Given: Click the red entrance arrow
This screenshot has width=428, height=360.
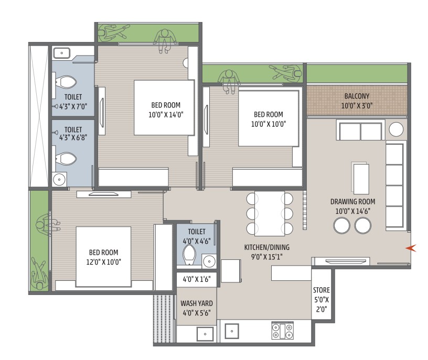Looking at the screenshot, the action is (411, 248).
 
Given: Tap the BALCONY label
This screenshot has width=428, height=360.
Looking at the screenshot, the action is (357, 96).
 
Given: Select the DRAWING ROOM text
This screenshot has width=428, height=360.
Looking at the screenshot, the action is (352, 202).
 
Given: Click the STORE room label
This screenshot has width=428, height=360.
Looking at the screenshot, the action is (322, 290).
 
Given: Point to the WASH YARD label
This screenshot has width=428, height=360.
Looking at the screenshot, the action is (197, 303).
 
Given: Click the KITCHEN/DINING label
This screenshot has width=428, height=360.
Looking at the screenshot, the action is (266, 247).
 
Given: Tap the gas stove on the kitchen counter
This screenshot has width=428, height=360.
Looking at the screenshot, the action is (283, 331).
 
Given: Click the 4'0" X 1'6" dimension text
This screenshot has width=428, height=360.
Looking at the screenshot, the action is (197, 279).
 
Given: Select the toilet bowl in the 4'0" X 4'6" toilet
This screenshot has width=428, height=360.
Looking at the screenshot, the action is (189, 255).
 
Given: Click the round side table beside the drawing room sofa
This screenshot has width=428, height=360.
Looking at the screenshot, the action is (396, 129).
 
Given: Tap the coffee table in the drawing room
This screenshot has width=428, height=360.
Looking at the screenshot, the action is (360, 178).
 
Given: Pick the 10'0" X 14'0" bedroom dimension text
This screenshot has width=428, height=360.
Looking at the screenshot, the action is (166, 115).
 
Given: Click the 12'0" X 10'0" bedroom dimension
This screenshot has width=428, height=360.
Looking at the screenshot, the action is (103, 262).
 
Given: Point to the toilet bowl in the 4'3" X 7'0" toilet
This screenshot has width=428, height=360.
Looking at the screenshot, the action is (66, 82).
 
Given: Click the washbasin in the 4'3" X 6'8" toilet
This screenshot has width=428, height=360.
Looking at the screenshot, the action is (59, 179).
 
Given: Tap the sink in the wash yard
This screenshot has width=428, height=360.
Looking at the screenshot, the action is (205, 334).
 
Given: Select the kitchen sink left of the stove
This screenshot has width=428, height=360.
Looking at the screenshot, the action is (232, 331).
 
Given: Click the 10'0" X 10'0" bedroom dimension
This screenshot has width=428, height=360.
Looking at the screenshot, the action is (269, 124).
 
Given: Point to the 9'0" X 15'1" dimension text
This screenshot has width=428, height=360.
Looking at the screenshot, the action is (266, 257).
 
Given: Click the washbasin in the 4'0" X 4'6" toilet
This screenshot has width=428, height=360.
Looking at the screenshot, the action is (209, 261).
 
